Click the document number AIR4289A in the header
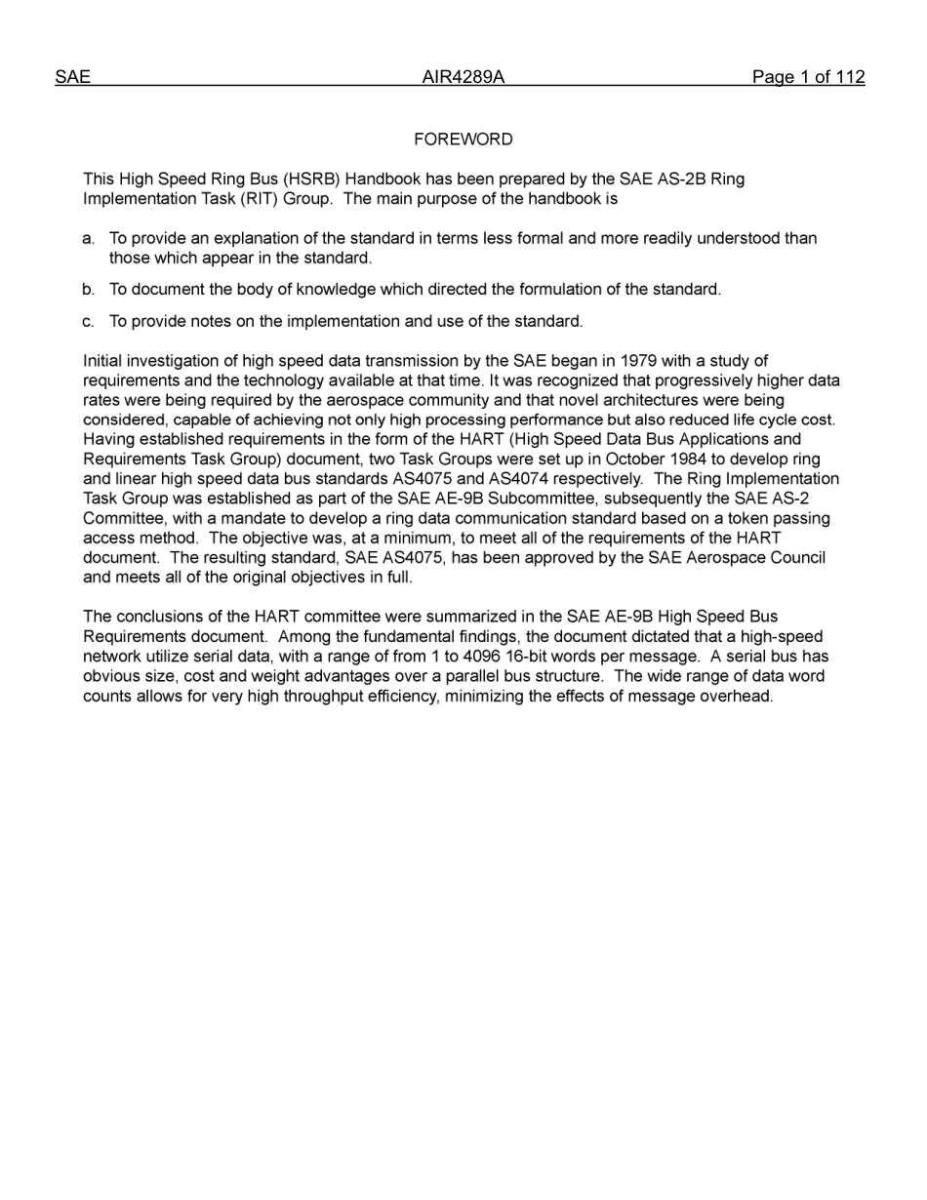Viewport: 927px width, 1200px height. [463, 78]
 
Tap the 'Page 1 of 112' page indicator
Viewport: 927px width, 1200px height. [808, 78]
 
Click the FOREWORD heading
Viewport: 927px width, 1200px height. [463, 140]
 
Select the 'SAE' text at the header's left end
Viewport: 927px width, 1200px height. [72, 78]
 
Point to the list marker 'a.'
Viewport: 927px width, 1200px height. [89, 238]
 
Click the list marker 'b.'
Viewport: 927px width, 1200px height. [89, 290]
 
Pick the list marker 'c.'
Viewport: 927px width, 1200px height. [89, 322]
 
